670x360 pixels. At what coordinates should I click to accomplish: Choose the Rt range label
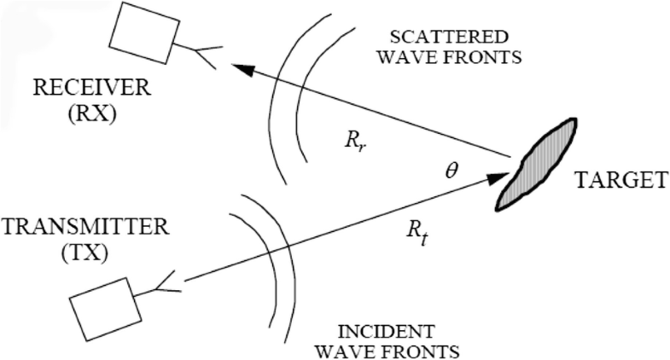417,230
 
